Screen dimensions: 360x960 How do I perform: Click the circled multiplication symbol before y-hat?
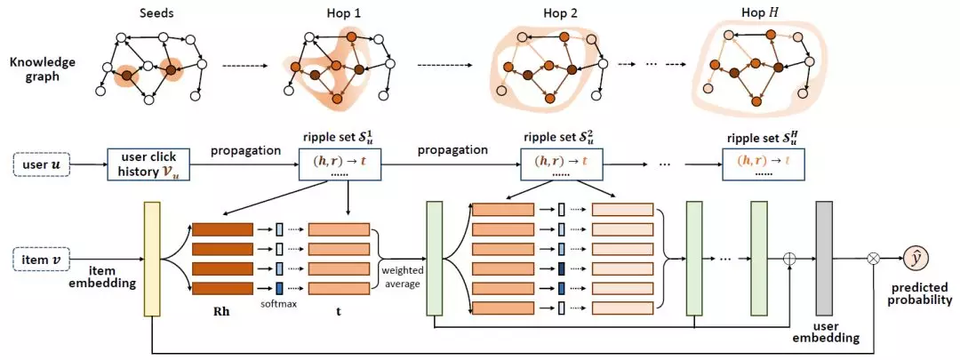[874, 258]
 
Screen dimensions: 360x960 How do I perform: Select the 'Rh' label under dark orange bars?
[222, 313]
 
